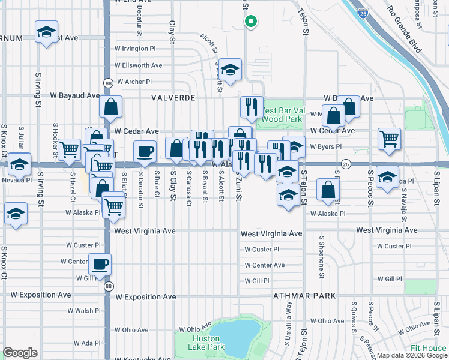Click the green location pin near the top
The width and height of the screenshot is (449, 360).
[251, 22]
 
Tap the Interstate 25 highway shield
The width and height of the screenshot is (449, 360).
[363, 11]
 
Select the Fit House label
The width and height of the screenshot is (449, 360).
[429, 349]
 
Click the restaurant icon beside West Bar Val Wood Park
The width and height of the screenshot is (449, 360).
[252, 106]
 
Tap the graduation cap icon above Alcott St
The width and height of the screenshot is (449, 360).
[229, 69]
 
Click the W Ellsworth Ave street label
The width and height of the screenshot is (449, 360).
[139, 65]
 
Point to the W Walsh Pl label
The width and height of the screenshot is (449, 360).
[84, 311]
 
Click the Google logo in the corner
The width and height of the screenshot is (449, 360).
[20, 353]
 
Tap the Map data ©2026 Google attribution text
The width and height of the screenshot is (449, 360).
[412, 355]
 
